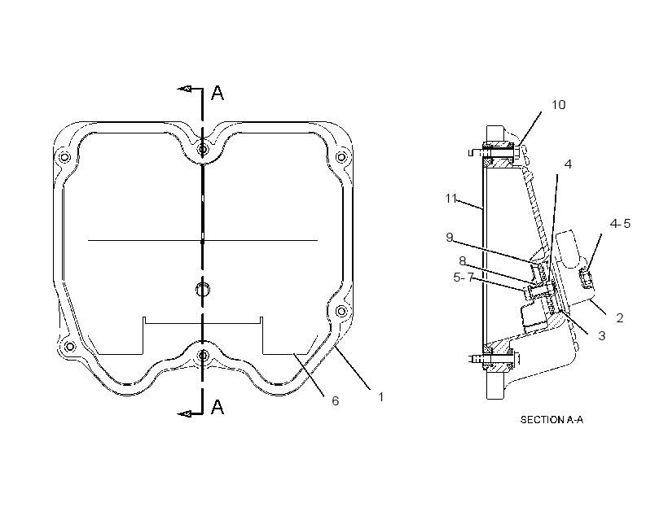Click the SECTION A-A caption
tap(552, 420)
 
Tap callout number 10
tap(559, 105)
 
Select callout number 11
tap(450, 199)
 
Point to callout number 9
tap(450, 237)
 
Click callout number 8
tap(463, 260)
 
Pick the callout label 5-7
tap(464, 278)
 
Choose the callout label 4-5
tap(620, 224)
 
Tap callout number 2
tap(619, 317)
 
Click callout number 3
tap(601, 336)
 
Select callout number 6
tap(336, 401)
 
